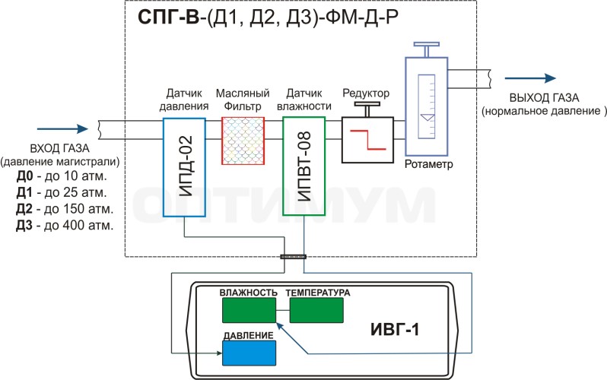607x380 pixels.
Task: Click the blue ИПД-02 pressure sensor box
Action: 184,167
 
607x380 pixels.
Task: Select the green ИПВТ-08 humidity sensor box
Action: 304,166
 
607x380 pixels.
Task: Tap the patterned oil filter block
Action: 243,141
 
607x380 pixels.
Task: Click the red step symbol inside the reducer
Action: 367,140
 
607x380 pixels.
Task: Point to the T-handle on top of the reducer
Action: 367,109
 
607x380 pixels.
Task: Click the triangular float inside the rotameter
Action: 427,117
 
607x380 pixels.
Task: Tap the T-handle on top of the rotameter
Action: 427,49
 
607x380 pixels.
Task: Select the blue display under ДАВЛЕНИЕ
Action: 249,353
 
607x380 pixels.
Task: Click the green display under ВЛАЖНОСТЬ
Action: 249,310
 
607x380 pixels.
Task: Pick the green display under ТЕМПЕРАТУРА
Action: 316,310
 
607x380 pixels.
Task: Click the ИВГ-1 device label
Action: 395,329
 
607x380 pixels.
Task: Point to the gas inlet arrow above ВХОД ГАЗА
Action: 62,129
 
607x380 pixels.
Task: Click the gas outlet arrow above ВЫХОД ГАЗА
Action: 530,78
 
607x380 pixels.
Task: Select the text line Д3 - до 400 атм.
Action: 65,225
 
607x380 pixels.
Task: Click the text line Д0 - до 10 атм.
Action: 62,176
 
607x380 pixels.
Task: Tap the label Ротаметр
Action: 428,164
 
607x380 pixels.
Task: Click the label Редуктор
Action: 366,93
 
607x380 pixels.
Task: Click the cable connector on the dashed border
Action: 293,257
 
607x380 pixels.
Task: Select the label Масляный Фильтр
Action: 243,100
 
